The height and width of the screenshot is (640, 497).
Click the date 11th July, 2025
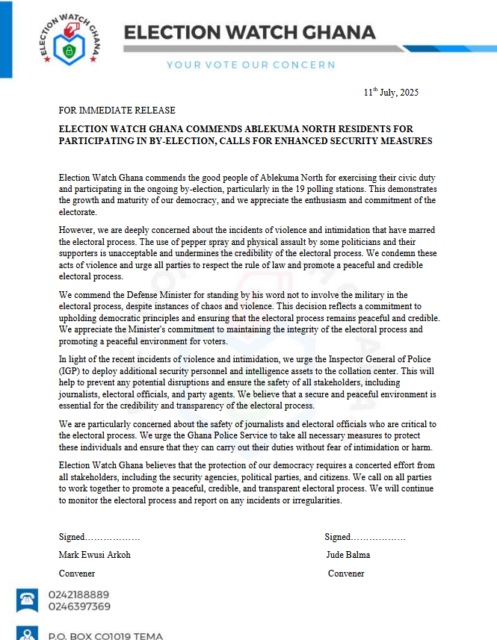[x=391, y=93]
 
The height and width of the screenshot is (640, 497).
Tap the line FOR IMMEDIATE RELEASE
[x=117, y=111]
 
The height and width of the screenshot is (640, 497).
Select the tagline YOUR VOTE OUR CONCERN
[x=250, y=65]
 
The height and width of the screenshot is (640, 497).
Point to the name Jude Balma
[x=348, y=555]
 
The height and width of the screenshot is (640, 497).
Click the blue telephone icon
[x=28, y=600]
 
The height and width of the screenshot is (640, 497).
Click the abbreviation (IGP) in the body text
[x=71, y=370]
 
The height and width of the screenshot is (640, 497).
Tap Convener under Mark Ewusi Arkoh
[x=77, y=574]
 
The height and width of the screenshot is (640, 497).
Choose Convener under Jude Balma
[x=346, y=574]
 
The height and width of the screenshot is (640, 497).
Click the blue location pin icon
[x=28, y=634]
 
